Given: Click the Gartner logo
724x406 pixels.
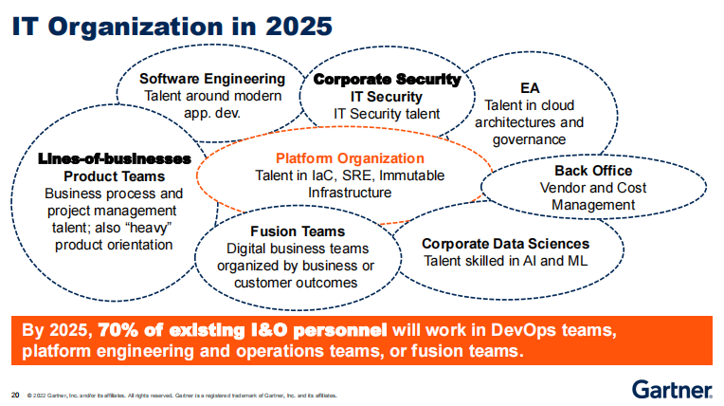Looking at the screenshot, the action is click(672, 390).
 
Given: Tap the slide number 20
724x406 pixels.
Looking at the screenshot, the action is click(15, 395).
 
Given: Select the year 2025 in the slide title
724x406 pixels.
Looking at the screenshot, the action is click(299, 26).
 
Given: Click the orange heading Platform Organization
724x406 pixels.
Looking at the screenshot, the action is click(350, 158).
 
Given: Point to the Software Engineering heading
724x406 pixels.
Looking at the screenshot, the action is click(212, 79).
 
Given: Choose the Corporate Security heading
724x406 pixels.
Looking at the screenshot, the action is click(387, 79).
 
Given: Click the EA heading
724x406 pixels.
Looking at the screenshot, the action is click(530, 88).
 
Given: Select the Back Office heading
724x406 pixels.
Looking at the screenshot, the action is click(593, 171).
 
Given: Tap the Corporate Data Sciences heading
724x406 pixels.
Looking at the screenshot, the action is click(506, 244).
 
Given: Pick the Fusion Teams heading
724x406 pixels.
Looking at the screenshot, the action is click(298, 231).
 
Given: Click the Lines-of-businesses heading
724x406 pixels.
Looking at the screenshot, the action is click(114, 158).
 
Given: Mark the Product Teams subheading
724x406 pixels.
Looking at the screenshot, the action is click(114, 176).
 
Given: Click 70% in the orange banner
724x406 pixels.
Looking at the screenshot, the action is click(119, 330).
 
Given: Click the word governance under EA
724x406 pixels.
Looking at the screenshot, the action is click(529, 139).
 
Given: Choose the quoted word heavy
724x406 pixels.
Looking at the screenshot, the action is click(149, 228).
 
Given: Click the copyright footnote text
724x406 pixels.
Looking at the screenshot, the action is click(182, 396).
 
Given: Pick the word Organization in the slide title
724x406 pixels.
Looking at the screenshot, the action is click(136, 27).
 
